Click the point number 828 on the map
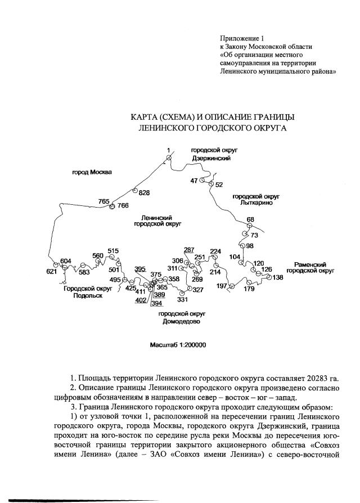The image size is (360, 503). point(145,193)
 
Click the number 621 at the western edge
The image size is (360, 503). point(52,272)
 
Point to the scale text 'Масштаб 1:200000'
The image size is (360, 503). point(178,345)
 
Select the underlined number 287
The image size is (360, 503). point(189,249)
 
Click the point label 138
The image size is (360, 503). point(278,277)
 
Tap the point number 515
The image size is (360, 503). point(113,251)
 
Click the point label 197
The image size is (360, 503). point(221,286)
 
